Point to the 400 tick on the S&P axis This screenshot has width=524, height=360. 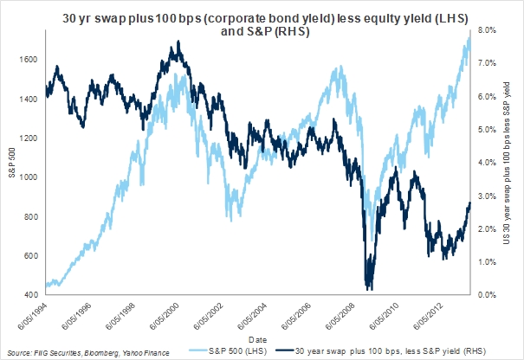[40, 295]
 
